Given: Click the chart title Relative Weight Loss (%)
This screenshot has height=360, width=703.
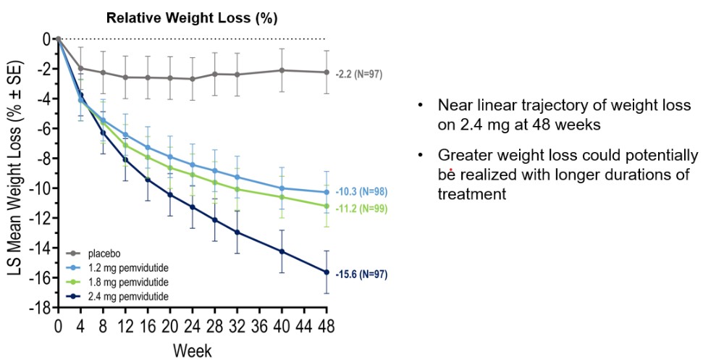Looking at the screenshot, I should point(192,17).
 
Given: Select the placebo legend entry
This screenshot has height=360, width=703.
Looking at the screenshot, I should point(101,254).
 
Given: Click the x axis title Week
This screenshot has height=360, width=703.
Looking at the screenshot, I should point(192,351).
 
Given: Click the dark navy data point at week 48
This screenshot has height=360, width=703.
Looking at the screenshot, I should point(327,272).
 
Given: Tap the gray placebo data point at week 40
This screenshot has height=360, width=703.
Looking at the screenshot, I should point(282,70).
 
